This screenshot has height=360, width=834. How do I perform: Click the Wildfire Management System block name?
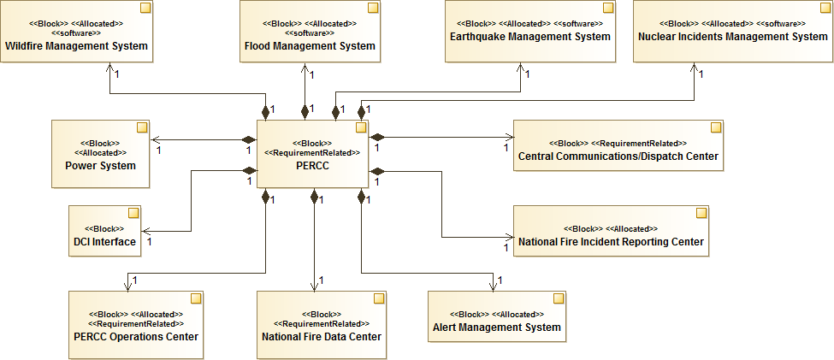coord(76,45)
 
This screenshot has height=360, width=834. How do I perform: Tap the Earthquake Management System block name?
coord(529,37)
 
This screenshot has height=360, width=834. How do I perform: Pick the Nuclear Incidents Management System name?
coord(732,37)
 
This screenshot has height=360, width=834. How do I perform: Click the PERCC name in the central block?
coord(312,165)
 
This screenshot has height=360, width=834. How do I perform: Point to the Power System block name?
coord(100,165)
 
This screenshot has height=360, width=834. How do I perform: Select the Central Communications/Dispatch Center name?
coord(618,156)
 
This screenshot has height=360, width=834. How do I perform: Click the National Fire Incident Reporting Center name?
coord(611,242)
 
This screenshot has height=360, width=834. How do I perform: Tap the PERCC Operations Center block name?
coord(136,336)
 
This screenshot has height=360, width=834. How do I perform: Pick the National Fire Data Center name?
coord(321,336)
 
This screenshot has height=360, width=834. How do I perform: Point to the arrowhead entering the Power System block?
coord(154,139)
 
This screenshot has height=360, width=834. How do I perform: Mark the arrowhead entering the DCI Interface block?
coord(145,231)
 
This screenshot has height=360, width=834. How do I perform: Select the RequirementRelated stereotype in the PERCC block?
coord(312,152)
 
